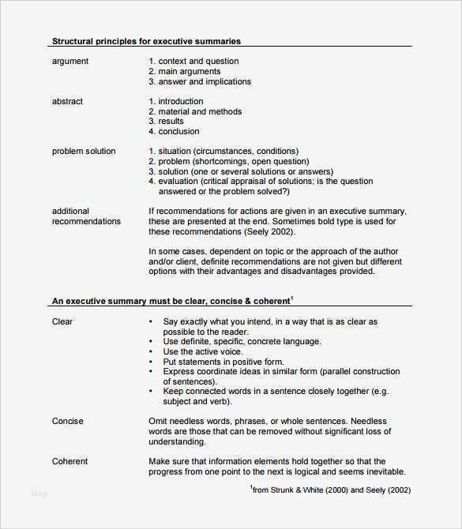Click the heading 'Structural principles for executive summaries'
coord(146,41)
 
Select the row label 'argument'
coord(69,62)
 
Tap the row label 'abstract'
coord(67,102)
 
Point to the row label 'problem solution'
coord(84,152)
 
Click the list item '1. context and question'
coord(193,62)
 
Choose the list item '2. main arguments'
coord(186,72)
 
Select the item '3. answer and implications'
coord(200,82)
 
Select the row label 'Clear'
coord(62,322)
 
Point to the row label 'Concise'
coord(67,422)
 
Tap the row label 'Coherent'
coord(69,462)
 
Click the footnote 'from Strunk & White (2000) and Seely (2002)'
coord(331,490)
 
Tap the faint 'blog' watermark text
coord(39,494)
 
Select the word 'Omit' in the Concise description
coord(158,422)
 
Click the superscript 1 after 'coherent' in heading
coord(291,298)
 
